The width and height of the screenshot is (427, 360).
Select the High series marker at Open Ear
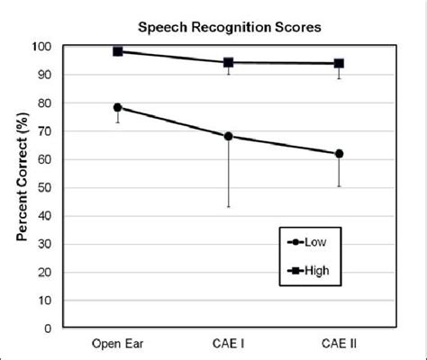(x=117, y=51)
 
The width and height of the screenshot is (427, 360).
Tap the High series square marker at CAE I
(x=228, y=62)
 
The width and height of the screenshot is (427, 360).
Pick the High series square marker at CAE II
(x=339, y=63)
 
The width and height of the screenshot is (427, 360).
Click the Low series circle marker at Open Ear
(x=117, y=107)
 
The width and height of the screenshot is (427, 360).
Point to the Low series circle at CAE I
(x=228, y=136)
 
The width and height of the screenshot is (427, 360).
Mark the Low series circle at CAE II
(x=339, y=154)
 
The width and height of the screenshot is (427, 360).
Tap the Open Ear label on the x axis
(x=117, y=345)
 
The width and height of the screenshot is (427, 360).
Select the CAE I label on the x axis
(x=228, y=345)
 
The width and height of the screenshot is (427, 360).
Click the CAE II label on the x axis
(x=339, y=345)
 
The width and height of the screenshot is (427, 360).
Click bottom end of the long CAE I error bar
(x=228, y=207)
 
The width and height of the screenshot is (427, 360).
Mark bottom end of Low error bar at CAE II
(x=339, y=186)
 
